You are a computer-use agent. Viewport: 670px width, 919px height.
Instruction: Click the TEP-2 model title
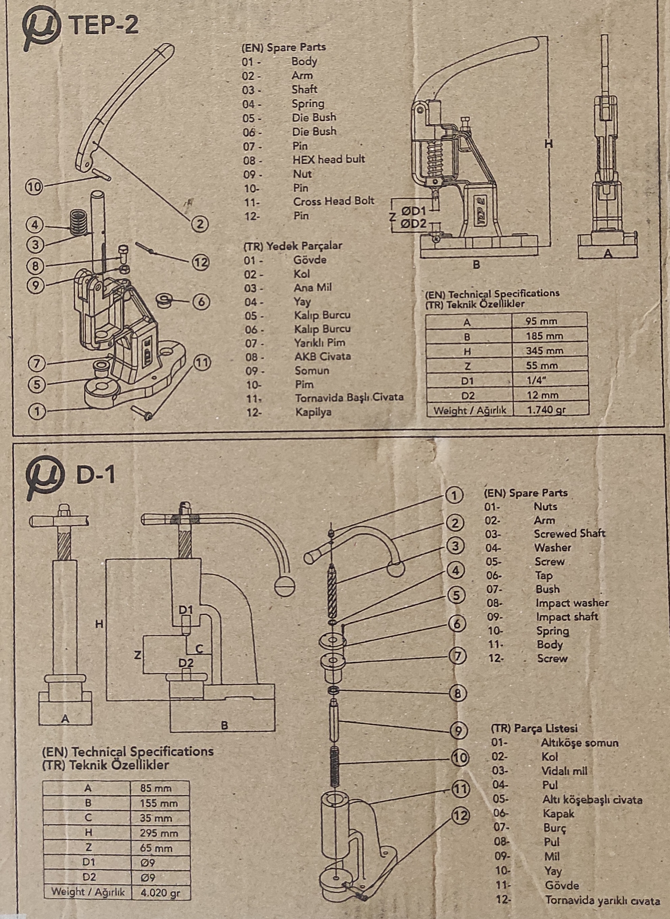tap(104, 25)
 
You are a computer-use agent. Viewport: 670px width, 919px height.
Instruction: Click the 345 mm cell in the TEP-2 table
tap(544, 350)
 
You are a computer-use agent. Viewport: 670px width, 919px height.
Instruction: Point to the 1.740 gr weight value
tap(545, 410)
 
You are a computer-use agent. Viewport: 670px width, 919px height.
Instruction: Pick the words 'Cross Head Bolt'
tap(333, 201)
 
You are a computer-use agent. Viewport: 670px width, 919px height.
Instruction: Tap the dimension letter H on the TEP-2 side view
tap(548, 144)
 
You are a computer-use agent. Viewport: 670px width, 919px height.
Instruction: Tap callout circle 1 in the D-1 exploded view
tap(454, 495)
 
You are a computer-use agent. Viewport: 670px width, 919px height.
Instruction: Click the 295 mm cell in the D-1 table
tap(159, 833)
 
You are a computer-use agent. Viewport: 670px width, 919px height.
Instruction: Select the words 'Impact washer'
tap(572, 603)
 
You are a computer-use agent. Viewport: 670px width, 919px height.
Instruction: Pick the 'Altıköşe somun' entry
tap(579, 743)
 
